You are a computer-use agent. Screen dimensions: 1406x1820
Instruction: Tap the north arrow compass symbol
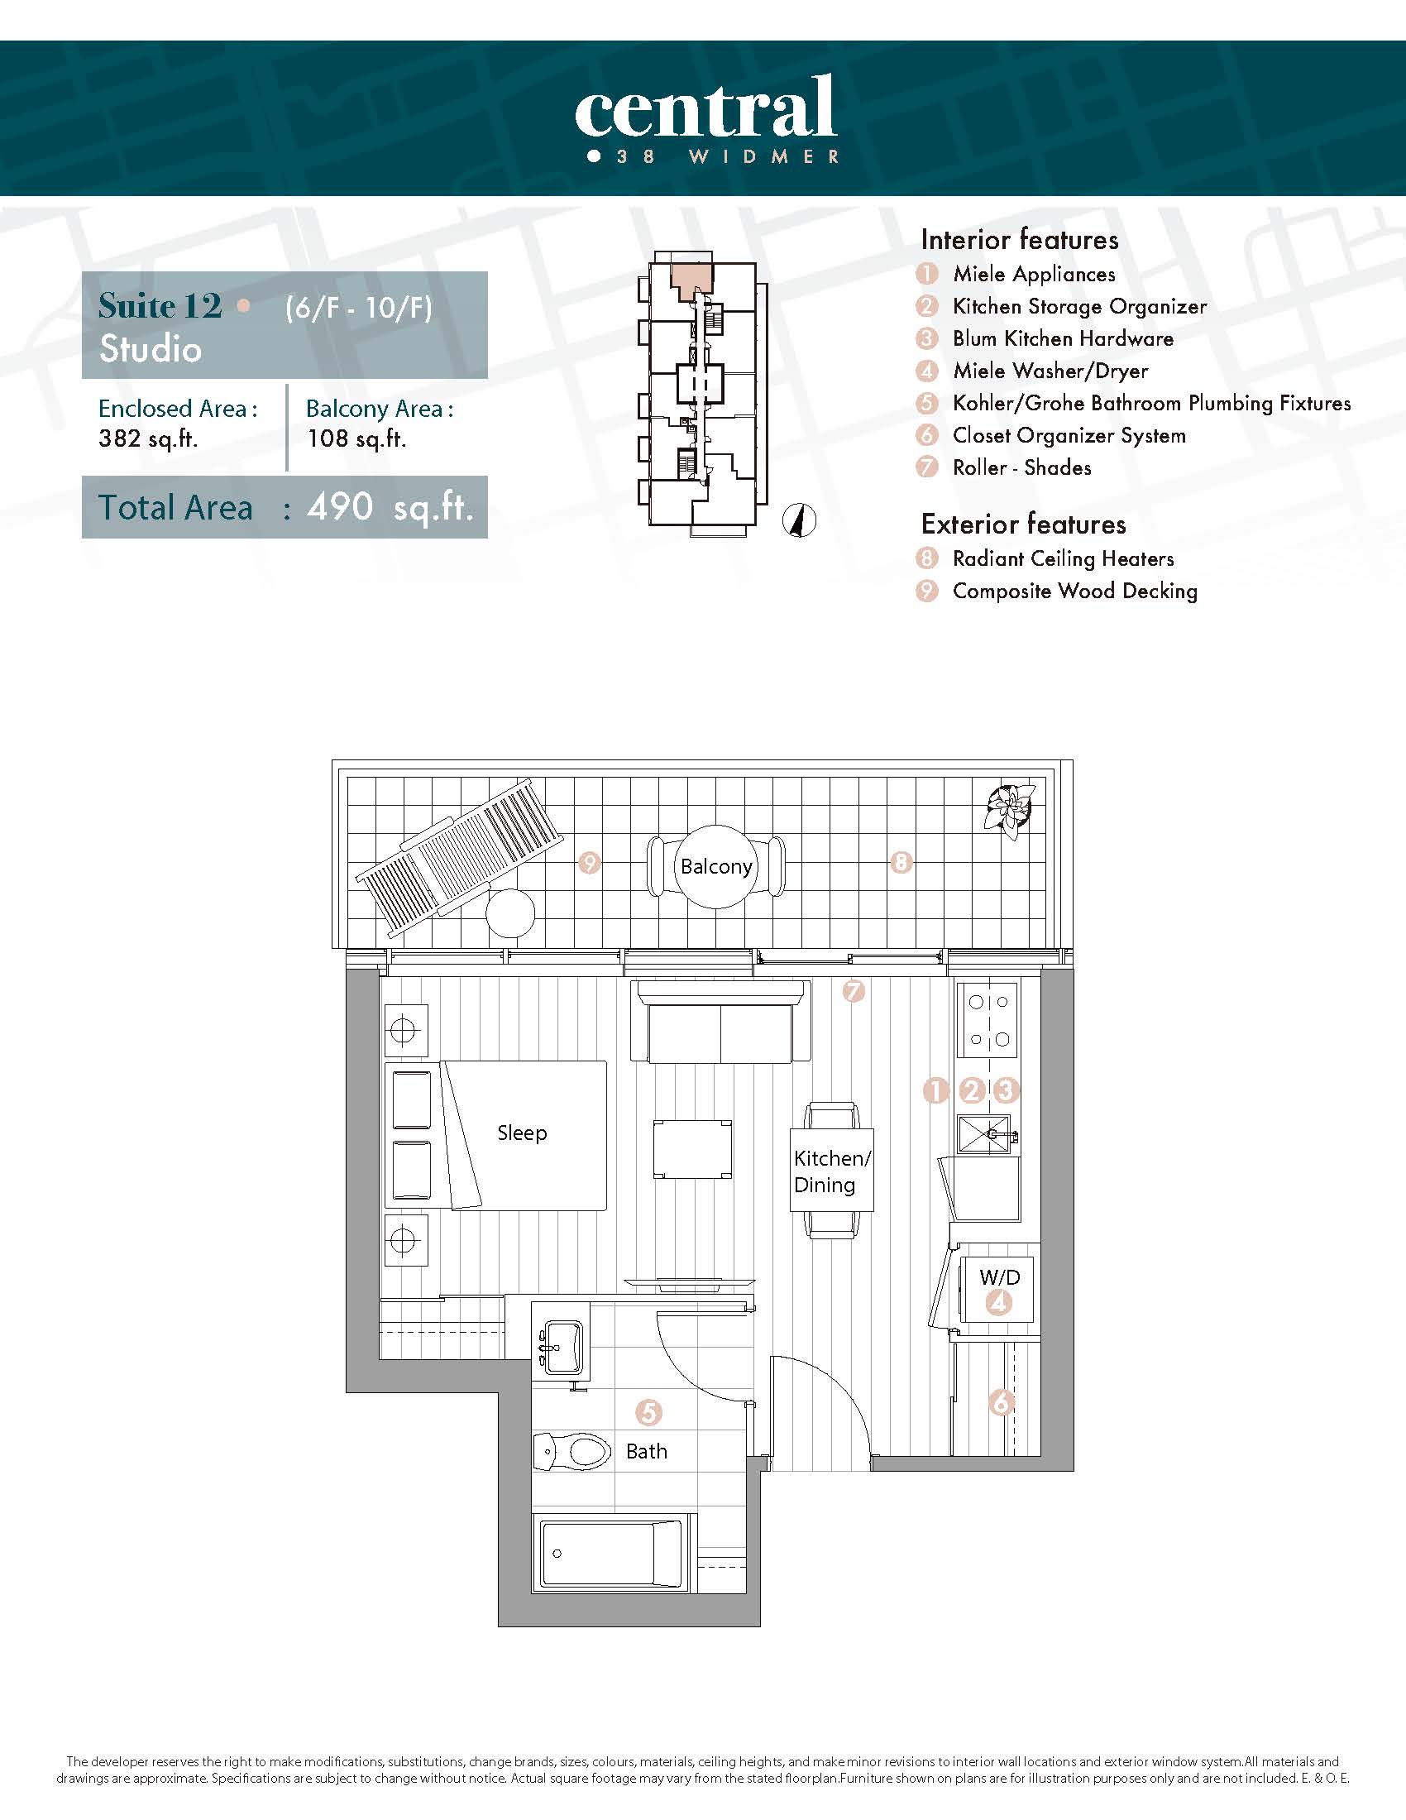tap(800, 521)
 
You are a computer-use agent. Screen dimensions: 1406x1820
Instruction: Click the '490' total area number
tap(340, 505)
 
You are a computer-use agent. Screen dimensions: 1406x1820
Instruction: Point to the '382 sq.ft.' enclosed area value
tap(148, 438)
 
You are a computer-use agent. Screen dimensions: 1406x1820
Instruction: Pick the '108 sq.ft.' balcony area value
tap(356, 438)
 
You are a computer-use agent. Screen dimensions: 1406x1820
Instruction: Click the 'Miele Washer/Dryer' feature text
tap(1050, 371)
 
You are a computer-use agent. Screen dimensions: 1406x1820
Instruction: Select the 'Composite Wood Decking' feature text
tap(1075, 591)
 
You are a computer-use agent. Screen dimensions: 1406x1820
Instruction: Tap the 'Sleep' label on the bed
tap(522, 1133)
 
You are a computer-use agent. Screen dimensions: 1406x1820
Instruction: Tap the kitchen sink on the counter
tap(985, 1134)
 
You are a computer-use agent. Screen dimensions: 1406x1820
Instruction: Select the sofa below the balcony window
tap(720, 1022)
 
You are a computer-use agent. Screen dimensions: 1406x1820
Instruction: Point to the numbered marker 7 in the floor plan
tap(854, 992)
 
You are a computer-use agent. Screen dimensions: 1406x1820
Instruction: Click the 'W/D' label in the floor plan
tap(1000, 1277)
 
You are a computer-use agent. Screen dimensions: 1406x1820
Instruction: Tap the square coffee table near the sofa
tap(693, 1149)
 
